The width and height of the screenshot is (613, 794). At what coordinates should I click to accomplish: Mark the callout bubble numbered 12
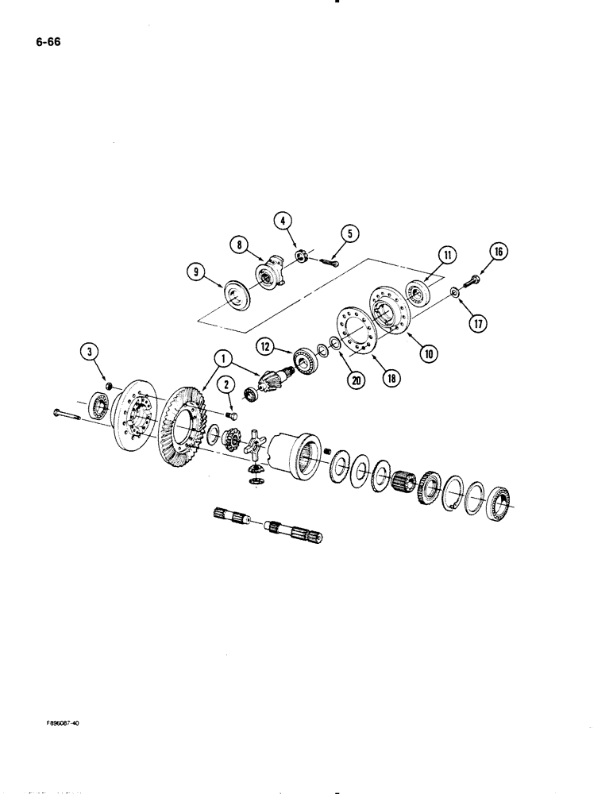coord(265,346)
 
